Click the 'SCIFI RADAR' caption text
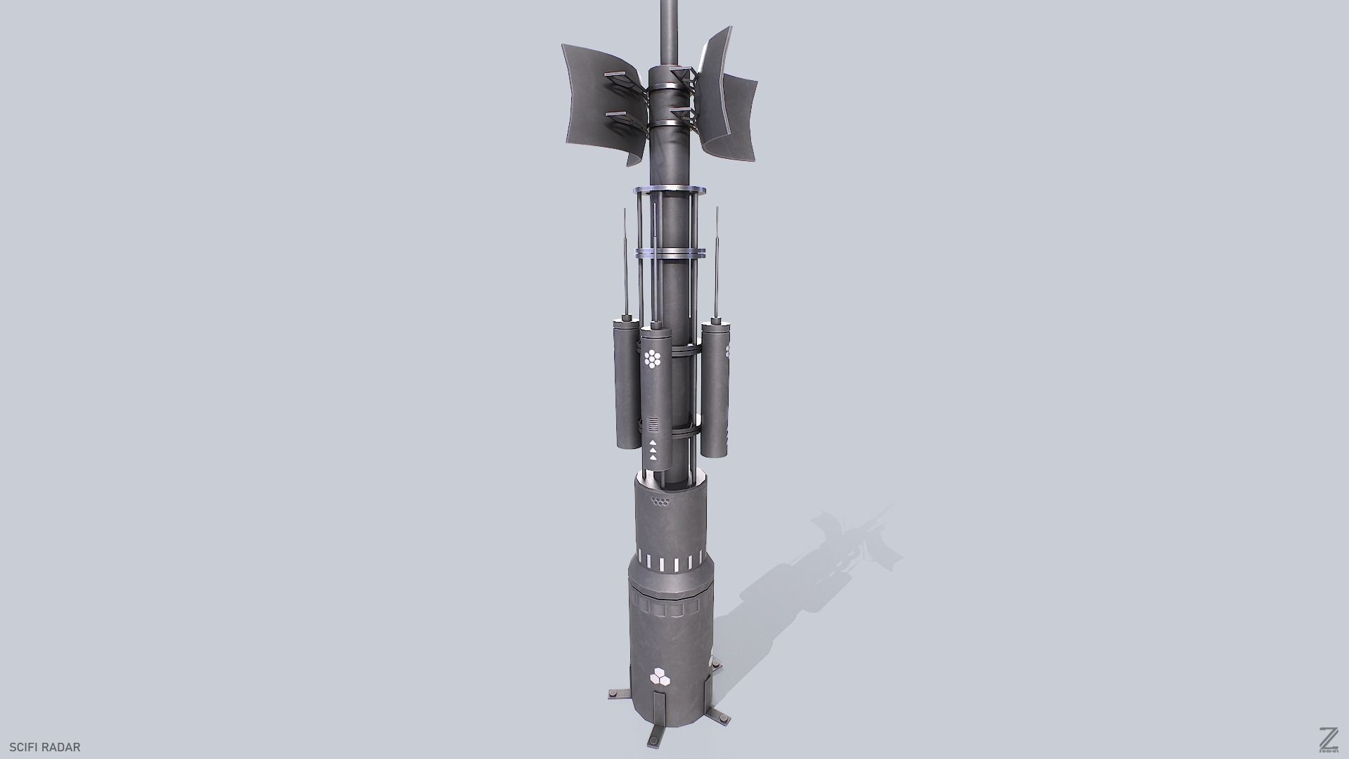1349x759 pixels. [x=45, y=747]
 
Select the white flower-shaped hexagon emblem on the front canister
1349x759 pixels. [x=653, y=359]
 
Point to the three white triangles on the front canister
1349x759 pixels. [x=653, y=450]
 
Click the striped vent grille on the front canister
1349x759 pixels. [x=653, y=424]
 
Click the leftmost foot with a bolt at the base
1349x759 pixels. [x=618, y=695]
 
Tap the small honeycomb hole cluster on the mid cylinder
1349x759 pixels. [x=660, y=502]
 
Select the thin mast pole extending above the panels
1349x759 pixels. [x=670, y=28]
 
